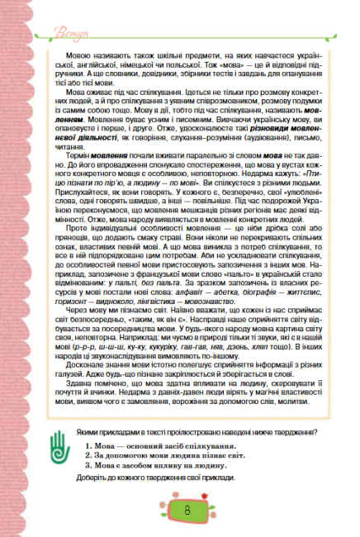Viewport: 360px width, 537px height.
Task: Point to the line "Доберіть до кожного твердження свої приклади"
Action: click(165, 478)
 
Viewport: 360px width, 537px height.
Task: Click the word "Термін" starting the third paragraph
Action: click(77, 154)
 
